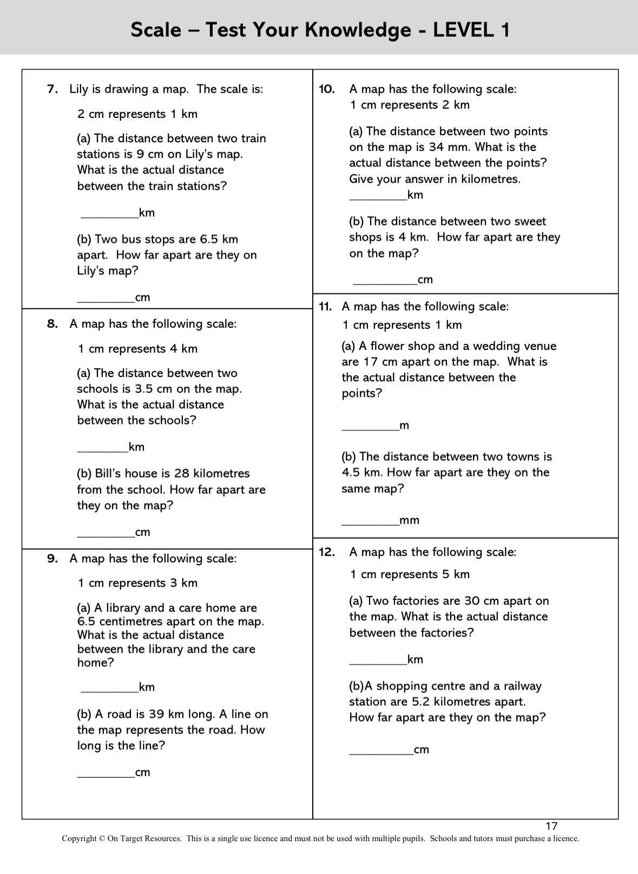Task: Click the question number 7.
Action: point(52,89)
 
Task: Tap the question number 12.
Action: point(326,552)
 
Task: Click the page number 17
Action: point(551,826)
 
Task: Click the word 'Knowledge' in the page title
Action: point(358,30)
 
